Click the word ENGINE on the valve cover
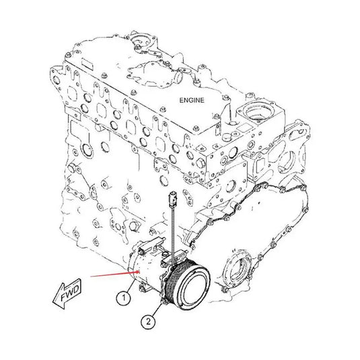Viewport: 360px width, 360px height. click(x=192, y=100)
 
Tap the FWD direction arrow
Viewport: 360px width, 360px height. click(x=68, y=293)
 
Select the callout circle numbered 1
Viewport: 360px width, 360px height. click(x=124, y=298)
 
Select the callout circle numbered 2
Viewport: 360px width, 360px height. click(x=148, y=321)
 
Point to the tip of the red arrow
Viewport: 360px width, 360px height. click(x=139, y=272)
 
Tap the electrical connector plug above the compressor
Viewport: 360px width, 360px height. click(x=172, y=198)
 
